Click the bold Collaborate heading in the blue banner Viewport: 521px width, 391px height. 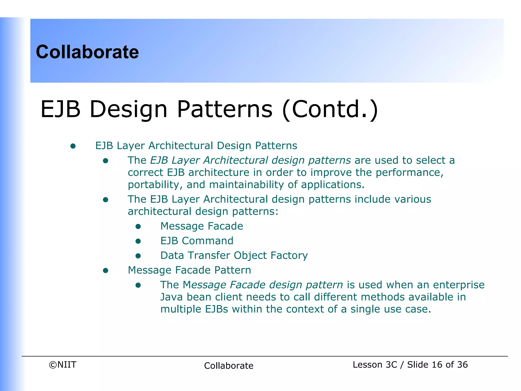click(x=87, y=52)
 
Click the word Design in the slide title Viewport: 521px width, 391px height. click(x=128, y=109)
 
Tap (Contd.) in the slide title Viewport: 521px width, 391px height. click(x=330, y=109)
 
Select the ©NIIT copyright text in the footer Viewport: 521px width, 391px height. click(x=63, y=365)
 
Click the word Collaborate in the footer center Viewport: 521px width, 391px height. click(x=228, y=366)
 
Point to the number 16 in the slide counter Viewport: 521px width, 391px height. click(x=437, y=365)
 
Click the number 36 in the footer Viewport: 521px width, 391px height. click(x=462, y=365)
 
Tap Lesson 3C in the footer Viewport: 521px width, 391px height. click(x=374, y=365)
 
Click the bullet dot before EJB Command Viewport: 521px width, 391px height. click(x=138, y=241)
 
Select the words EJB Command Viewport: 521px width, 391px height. click(x=197, y=241)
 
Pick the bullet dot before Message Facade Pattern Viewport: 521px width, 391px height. click(x=106, y=270)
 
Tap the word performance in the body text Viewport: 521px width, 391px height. click(x=409, y=173)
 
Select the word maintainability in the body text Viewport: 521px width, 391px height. click(x=246, y=185)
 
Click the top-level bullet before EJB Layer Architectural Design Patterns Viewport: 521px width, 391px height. click(x=73, y=146)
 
